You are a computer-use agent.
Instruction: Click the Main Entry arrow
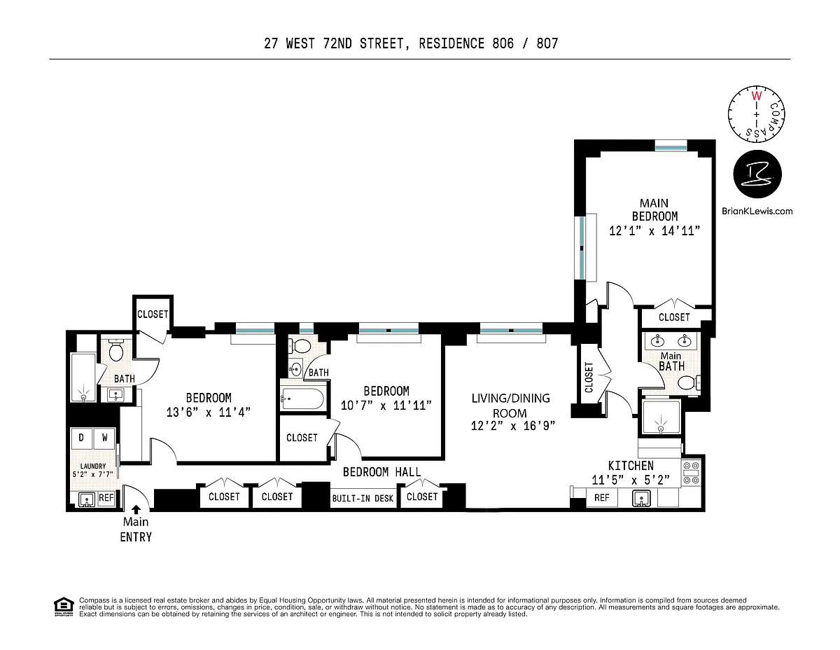point(136,509)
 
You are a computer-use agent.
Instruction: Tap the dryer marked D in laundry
point(82,438)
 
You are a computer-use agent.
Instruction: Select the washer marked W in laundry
point(104,438)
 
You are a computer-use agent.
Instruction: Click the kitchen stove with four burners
point(691,473)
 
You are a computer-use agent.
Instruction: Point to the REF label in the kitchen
point(601,497)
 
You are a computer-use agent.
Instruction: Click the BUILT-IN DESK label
point(363,499)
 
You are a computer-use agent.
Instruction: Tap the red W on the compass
point(756,95)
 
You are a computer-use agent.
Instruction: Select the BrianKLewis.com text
point(757,211)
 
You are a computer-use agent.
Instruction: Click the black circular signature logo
point(757,174)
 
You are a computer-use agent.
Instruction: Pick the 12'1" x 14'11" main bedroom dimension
point(654,231)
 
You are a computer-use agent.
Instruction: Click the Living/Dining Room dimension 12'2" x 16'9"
point(513,426)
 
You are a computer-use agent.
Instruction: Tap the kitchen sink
point(641,498)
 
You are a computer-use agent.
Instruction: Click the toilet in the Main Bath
point(689,383)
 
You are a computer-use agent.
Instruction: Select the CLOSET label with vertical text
point(589,377)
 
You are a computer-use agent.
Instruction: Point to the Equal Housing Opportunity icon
point(64,607)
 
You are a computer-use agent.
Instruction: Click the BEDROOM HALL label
point(381,472)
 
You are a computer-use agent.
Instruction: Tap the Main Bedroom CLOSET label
point(674,317)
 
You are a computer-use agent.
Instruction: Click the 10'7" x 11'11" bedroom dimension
point(386,406)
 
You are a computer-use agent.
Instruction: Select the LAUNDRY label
point(93,466)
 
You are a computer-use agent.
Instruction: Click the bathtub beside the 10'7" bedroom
point(302,399)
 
